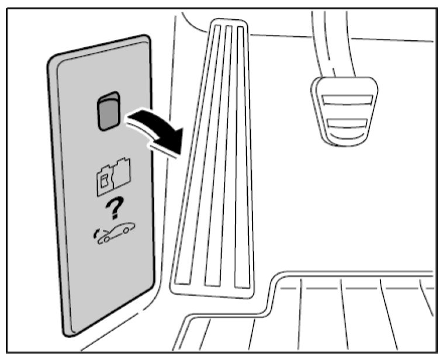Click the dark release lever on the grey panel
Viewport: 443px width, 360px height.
tap(108, 113)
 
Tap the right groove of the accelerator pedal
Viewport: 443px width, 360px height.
tap(239, 158)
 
